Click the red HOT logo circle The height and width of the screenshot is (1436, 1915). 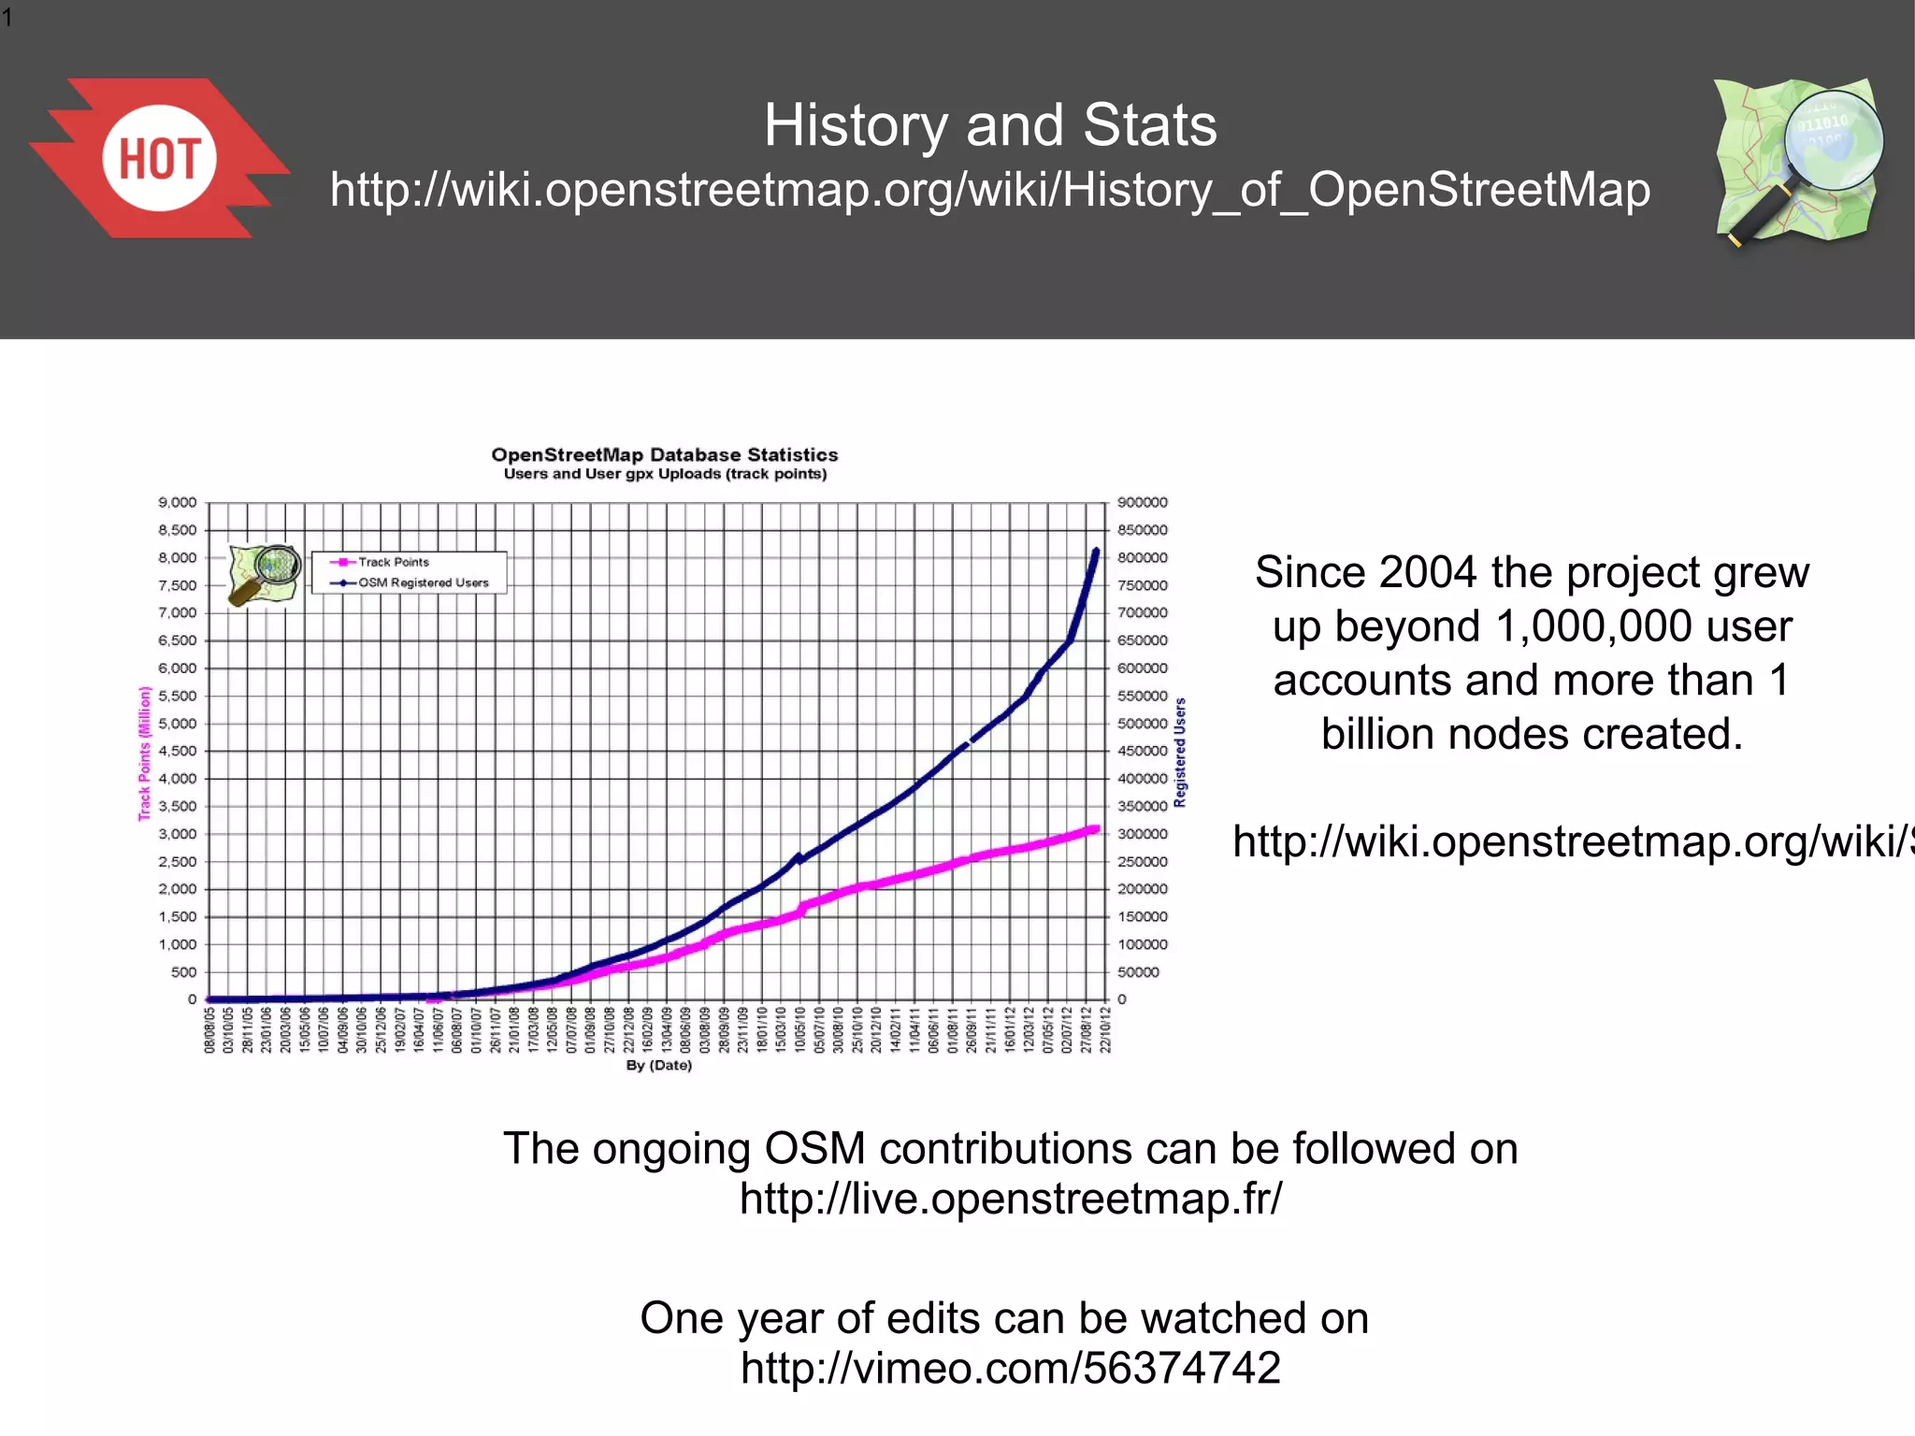click(159, 158)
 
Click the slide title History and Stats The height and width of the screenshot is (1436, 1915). click(990, 125)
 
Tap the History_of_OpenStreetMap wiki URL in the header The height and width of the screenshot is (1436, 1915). click(990, 190)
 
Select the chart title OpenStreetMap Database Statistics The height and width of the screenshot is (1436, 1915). click(664, 455)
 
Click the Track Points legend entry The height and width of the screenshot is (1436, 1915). click(394, 562)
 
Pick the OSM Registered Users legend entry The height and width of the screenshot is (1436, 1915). click(423, 582)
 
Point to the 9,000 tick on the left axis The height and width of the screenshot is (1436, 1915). click(178, 503)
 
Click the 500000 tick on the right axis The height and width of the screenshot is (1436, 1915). click(1142, 724)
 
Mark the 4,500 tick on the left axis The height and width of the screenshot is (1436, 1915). click(178, 751)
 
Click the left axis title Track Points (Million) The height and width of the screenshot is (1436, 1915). click(145, 754)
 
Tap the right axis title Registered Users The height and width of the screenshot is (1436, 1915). click(1181, 752)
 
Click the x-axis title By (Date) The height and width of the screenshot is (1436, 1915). click(658, 1066)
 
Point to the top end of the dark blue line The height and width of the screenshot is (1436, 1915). click(1096, 552)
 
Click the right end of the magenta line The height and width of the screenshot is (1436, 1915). click(1095, 829)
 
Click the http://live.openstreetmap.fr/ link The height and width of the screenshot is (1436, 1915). click(1010, 1199)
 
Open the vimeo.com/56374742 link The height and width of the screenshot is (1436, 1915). click(1010, 1369)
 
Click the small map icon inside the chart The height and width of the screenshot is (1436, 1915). click(265, 574)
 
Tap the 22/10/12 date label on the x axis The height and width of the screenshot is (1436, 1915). click(1106, 1029)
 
